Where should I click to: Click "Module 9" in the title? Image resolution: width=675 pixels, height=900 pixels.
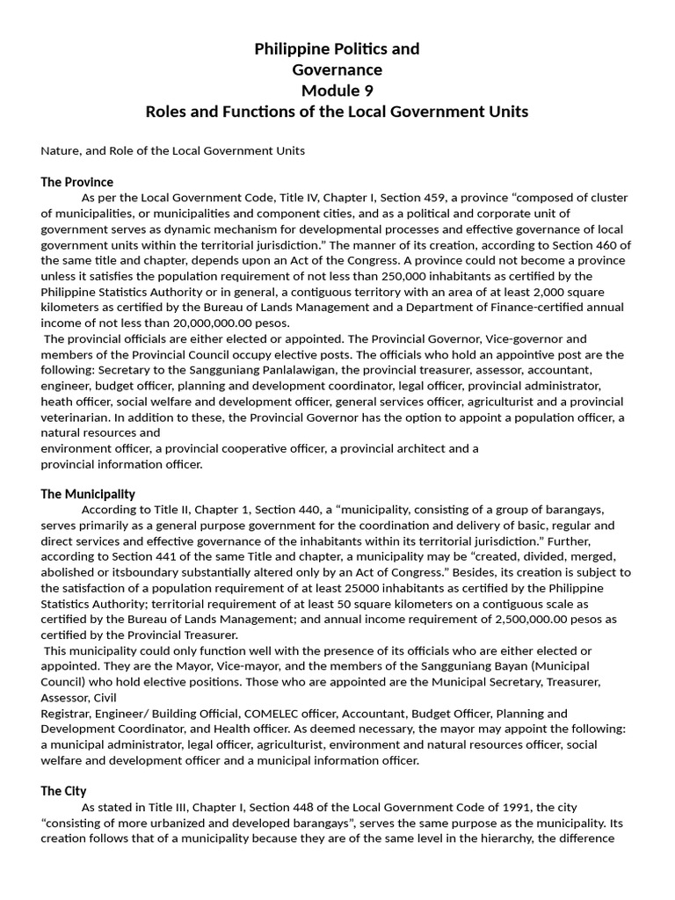coord(337,91)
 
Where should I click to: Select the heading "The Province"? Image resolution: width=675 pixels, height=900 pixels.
coord(77,182)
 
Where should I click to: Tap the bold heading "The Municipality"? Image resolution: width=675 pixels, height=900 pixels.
coord(88,494)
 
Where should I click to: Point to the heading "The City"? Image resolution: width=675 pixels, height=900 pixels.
coord(63,791)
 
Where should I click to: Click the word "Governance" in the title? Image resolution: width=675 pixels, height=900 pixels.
coord(337,69)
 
